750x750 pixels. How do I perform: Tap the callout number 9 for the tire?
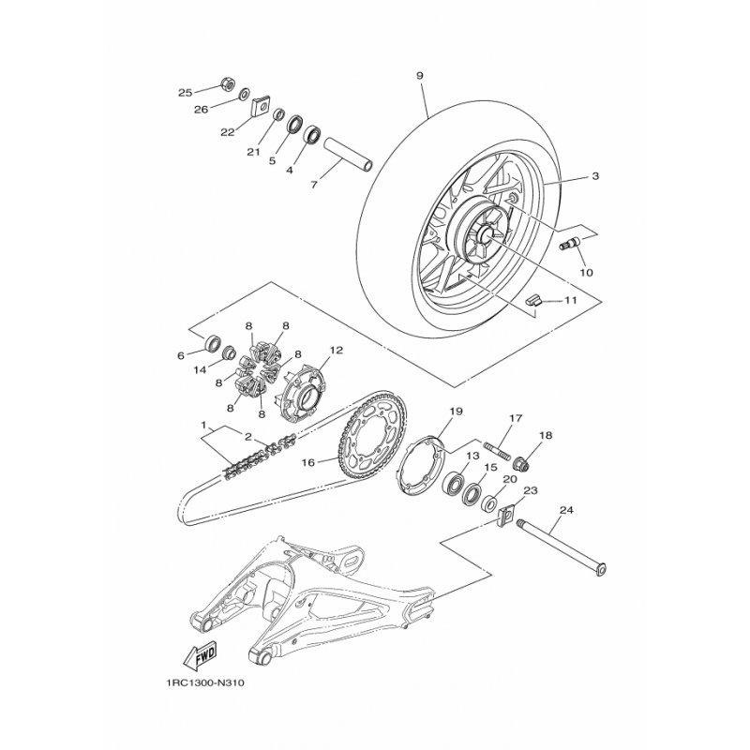pos(419,76)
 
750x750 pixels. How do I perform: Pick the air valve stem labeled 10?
pos(569,244)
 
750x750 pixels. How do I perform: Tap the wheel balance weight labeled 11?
pos(532,300)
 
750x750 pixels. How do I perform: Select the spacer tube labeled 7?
pos(348,156)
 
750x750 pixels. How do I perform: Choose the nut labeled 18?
pos(521,464)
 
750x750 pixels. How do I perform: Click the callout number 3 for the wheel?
pos(594,176)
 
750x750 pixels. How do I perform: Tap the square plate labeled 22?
pos(261,106)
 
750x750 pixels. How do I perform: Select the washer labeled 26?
pos(244,93)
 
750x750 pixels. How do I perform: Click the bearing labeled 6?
pos(213,342)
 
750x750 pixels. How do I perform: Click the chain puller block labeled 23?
pos(506,514)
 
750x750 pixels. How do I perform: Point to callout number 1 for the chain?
pos(203,425)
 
